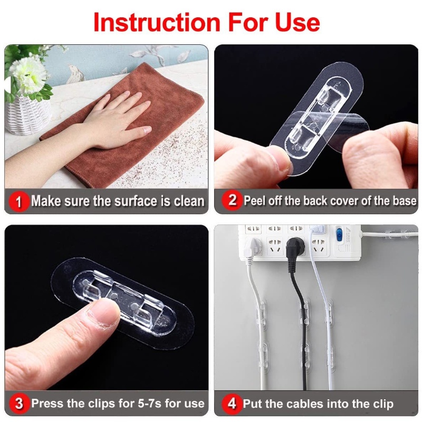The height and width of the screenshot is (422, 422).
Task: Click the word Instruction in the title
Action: [157, 22]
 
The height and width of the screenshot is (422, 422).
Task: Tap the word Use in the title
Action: [298, 22]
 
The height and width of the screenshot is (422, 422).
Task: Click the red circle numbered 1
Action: [18, 202]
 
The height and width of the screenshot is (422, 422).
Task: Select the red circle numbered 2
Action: [232, 200]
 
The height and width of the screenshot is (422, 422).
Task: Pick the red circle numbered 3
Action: [19, 404]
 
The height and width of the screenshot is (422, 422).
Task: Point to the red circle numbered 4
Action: [232, 404]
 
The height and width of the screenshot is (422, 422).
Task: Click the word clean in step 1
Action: [189, 202]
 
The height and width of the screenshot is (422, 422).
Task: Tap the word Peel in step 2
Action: [255, 201]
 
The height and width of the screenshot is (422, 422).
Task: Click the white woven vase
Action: [28, 114]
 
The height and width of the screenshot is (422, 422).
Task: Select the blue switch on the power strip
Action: [339, 232]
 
